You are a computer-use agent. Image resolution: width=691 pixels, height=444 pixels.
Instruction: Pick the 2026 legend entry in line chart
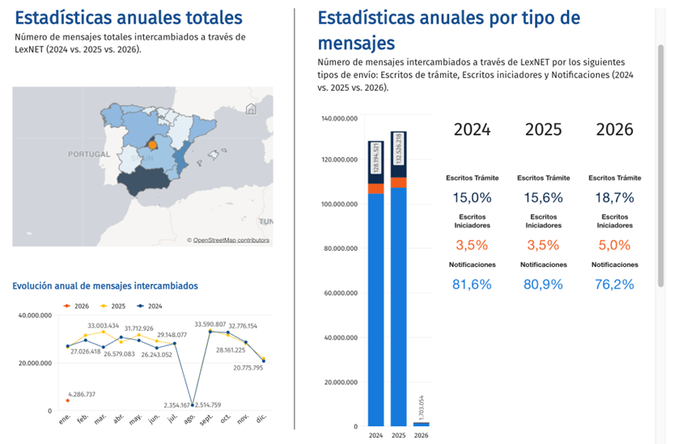point(78,306)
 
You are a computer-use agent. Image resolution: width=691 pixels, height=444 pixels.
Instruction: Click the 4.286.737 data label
point(80,395)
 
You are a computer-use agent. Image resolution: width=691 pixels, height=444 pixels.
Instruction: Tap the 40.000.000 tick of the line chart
point(34,315)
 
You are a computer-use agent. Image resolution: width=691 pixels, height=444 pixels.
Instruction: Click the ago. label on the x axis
point(191,420)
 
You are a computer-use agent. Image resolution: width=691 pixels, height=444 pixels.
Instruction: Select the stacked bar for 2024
point(375,283)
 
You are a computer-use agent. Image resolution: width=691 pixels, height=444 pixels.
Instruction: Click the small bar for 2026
point(422,423)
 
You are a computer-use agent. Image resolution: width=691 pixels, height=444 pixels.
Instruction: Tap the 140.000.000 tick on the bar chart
point(339,119)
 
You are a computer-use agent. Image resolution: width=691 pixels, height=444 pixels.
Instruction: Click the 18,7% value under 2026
point(615,197)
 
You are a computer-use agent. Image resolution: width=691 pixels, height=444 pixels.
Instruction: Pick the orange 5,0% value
point(615,244)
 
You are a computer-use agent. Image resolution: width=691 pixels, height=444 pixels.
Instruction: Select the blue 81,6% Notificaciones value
point(473,284)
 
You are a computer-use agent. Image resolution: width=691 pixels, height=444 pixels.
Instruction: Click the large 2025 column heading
point(544,129)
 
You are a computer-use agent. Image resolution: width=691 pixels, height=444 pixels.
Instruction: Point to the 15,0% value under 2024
point(473,197)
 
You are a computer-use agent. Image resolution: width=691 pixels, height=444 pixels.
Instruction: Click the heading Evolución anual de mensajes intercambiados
point(105,285)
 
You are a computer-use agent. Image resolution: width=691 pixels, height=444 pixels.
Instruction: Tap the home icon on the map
point(252,109)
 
